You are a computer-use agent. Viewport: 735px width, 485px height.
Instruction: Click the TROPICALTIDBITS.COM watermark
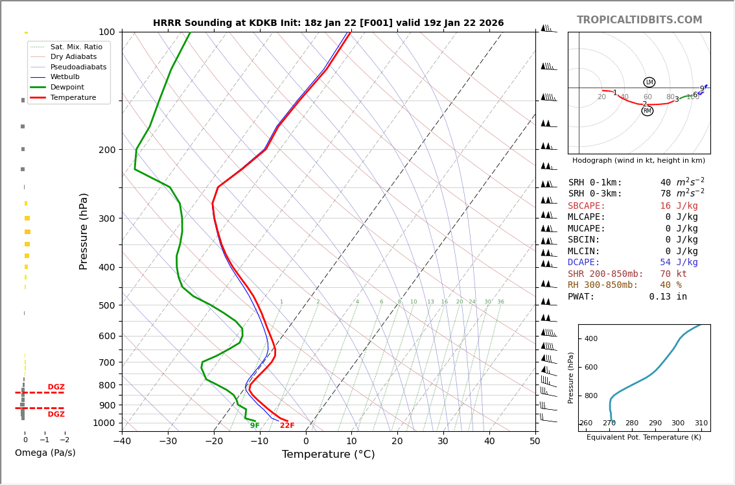(x=639, y=20)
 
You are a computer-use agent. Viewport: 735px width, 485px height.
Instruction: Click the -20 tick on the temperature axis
(x=214, y=442)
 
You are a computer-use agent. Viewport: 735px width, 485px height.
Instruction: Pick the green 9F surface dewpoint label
(x=255, y=426)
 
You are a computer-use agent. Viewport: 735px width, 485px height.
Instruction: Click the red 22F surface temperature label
(x=287, y=426)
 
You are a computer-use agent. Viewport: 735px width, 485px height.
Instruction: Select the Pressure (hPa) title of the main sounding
(x=84, y=231)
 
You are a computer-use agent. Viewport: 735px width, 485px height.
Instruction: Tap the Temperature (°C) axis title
(x=328, y=455)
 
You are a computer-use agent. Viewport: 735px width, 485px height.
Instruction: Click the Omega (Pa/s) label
(x=45, y=453)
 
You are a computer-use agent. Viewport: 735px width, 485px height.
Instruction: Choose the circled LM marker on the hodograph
(x=649, y=82)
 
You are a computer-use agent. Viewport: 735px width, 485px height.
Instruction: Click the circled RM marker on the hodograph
(x=647, y=111)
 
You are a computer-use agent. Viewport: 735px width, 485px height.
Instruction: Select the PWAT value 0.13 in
(x=668, y=297)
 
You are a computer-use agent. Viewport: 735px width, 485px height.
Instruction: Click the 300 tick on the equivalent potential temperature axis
(x=678, y=423)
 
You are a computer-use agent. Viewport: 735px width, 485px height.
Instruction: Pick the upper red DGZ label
(x=56, y=387)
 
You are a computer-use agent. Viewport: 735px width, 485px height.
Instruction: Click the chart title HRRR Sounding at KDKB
(x=328, y=23)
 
